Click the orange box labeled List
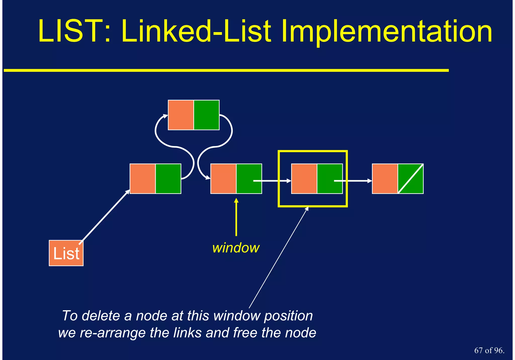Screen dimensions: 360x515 (x=66, y=253)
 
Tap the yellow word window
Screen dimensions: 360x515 (x=236, y=248)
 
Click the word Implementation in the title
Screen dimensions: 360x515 (x=386, y=32)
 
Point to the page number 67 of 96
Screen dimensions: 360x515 (x=489, y=350)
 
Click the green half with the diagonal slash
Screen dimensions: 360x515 (x=411, y=179)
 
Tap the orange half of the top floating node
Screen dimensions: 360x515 (x=181, y=115)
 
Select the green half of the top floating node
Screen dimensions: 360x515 (x=206, y=115)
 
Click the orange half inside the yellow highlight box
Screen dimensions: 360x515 (x=304, y=179)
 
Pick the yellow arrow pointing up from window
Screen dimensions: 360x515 (x=236, y=217)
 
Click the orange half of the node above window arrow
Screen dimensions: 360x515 (x=223, y=179)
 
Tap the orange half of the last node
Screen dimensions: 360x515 (x=385, y=179)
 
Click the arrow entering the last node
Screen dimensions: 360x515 (x=357, y=181)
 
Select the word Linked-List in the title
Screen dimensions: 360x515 (x=196, y=32)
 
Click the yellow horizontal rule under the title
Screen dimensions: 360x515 (x=226, y=70)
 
